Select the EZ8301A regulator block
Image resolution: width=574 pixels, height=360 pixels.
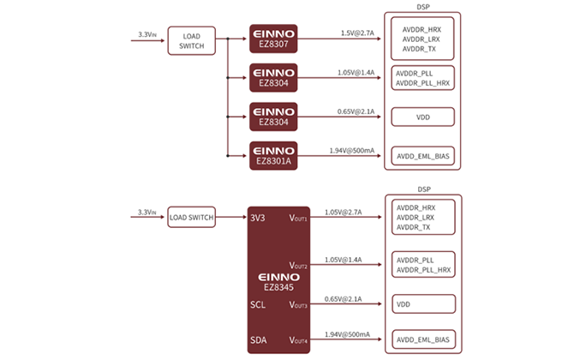(273, 155)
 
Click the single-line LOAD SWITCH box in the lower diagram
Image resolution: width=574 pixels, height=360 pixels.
(190, 218)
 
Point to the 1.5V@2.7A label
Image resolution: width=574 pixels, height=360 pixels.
(357, 33)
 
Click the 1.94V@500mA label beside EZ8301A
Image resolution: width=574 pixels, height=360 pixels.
(352, 150)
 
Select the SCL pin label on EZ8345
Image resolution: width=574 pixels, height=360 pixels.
(258, 304)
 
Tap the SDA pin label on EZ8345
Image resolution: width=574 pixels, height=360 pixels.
(258, 339)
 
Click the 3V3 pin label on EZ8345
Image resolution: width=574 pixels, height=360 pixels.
(258, 218)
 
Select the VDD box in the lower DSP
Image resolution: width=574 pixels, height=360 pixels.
(422, 303)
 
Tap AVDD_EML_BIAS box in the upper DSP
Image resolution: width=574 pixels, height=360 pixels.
(422, 155)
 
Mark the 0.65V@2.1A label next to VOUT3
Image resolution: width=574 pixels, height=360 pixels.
(343, 298)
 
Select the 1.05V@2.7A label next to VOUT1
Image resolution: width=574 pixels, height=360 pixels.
(344, 212)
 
